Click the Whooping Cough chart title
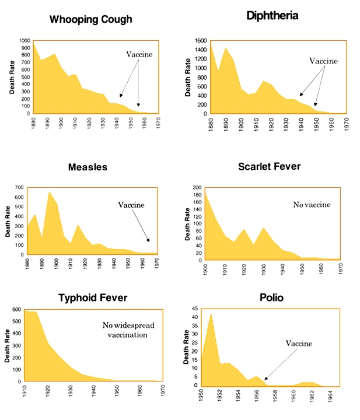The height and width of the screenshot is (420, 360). [90, 19]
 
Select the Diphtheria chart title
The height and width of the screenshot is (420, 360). [272, 16]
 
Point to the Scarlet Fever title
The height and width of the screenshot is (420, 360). [270, 166]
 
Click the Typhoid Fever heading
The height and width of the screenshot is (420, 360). [93, 298]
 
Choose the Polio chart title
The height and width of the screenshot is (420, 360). [272, 297]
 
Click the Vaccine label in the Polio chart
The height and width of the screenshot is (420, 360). [299, 344]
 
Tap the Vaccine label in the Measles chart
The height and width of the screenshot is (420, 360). [131, 205]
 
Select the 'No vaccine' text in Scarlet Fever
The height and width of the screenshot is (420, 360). [312, 205]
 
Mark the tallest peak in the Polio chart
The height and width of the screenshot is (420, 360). [211, 314]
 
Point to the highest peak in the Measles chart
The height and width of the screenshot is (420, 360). [50, 192]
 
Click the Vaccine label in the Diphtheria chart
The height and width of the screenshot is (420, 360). [323, 61]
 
